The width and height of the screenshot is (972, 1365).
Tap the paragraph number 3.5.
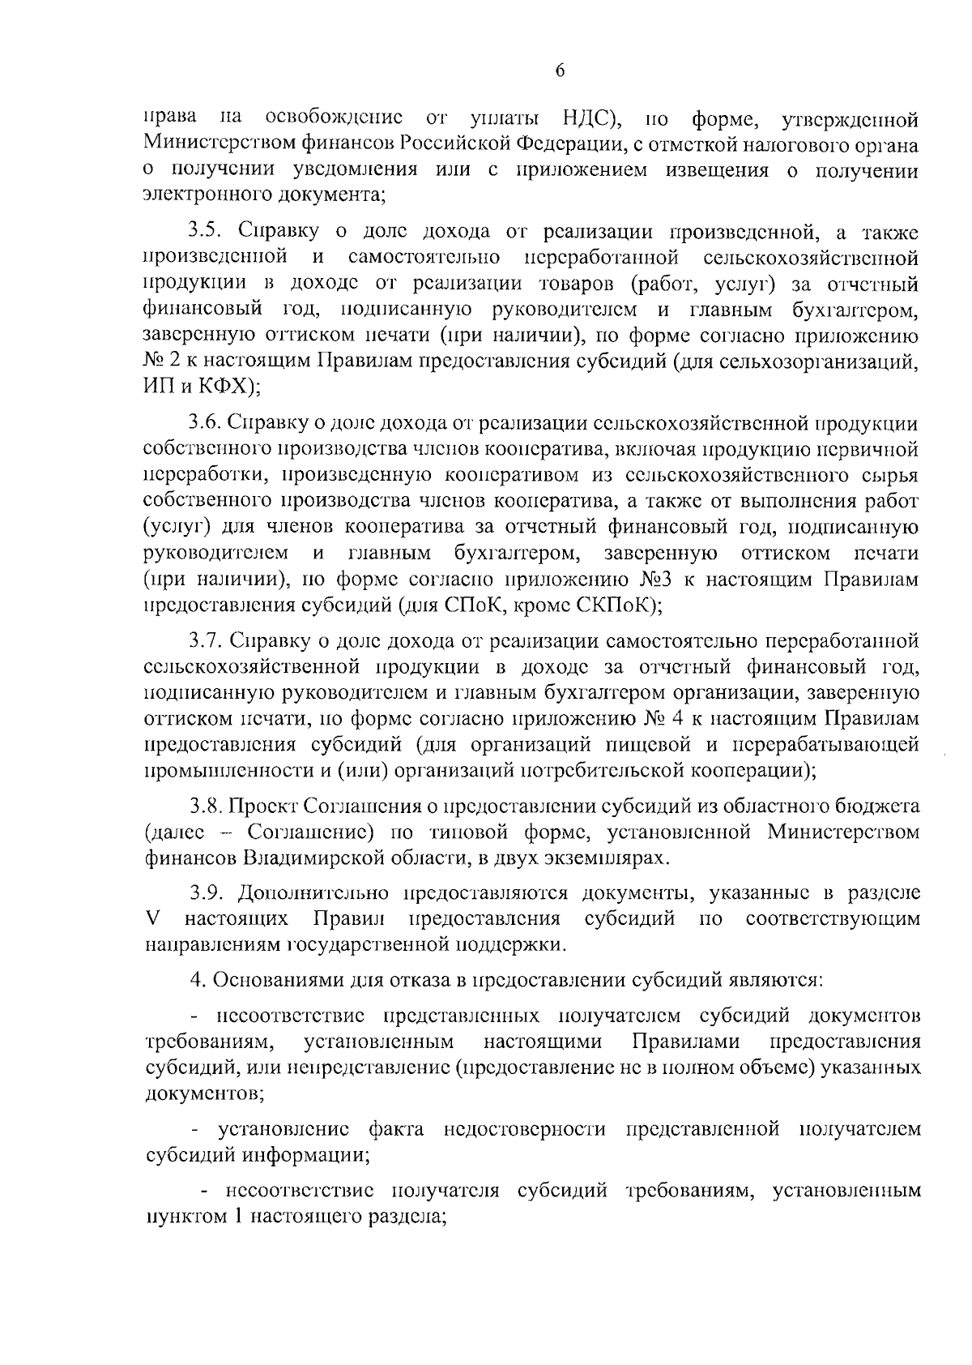tap(207, 233)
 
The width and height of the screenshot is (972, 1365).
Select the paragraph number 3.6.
tap(207, 421)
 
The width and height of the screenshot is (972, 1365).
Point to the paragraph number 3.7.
tap(207, 641)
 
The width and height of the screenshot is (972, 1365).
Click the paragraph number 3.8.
tap(207, 806)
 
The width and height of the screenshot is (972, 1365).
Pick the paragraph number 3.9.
tap(207, 892)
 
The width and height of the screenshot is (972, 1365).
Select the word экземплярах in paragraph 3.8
tap(608, 857)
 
